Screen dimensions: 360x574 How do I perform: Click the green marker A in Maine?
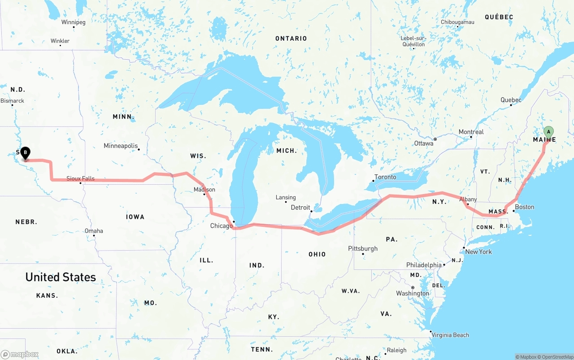coord(548,132)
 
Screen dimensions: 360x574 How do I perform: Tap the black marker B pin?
coord(26,153)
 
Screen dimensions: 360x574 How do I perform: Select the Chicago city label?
coord(222,226)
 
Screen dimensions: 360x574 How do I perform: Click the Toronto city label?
coord(385,177)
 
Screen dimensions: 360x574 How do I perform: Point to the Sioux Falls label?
coord(81,178)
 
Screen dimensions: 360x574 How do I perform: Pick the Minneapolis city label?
coord(121,146)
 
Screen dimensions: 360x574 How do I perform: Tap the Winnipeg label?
coord(74,22)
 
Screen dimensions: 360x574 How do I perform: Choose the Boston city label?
coord(524,207)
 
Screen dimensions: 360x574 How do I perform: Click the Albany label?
coord(468,200)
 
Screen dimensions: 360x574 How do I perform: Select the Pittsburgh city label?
coord(363,249)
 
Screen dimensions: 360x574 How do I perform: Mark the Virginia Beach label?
coord(450,335)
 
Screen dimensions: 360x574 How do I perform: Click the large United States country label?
coord(61,277)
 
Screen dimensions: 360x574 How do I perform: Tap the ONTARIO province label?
coord(291,39)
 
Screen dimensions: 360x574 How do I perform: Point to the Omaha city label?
coord(94,231)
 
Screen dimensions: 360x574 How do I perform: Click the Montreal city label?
coord(471,132)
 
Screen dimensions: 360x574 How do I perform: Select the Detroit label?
coord(300,208)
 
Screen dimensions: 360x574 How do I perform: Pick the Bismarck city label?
coord(13,101)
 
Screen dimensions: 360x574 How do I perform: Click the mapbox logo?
coord(20,354)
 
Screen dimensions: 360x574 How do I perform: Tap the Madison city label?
coord(204,190)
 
